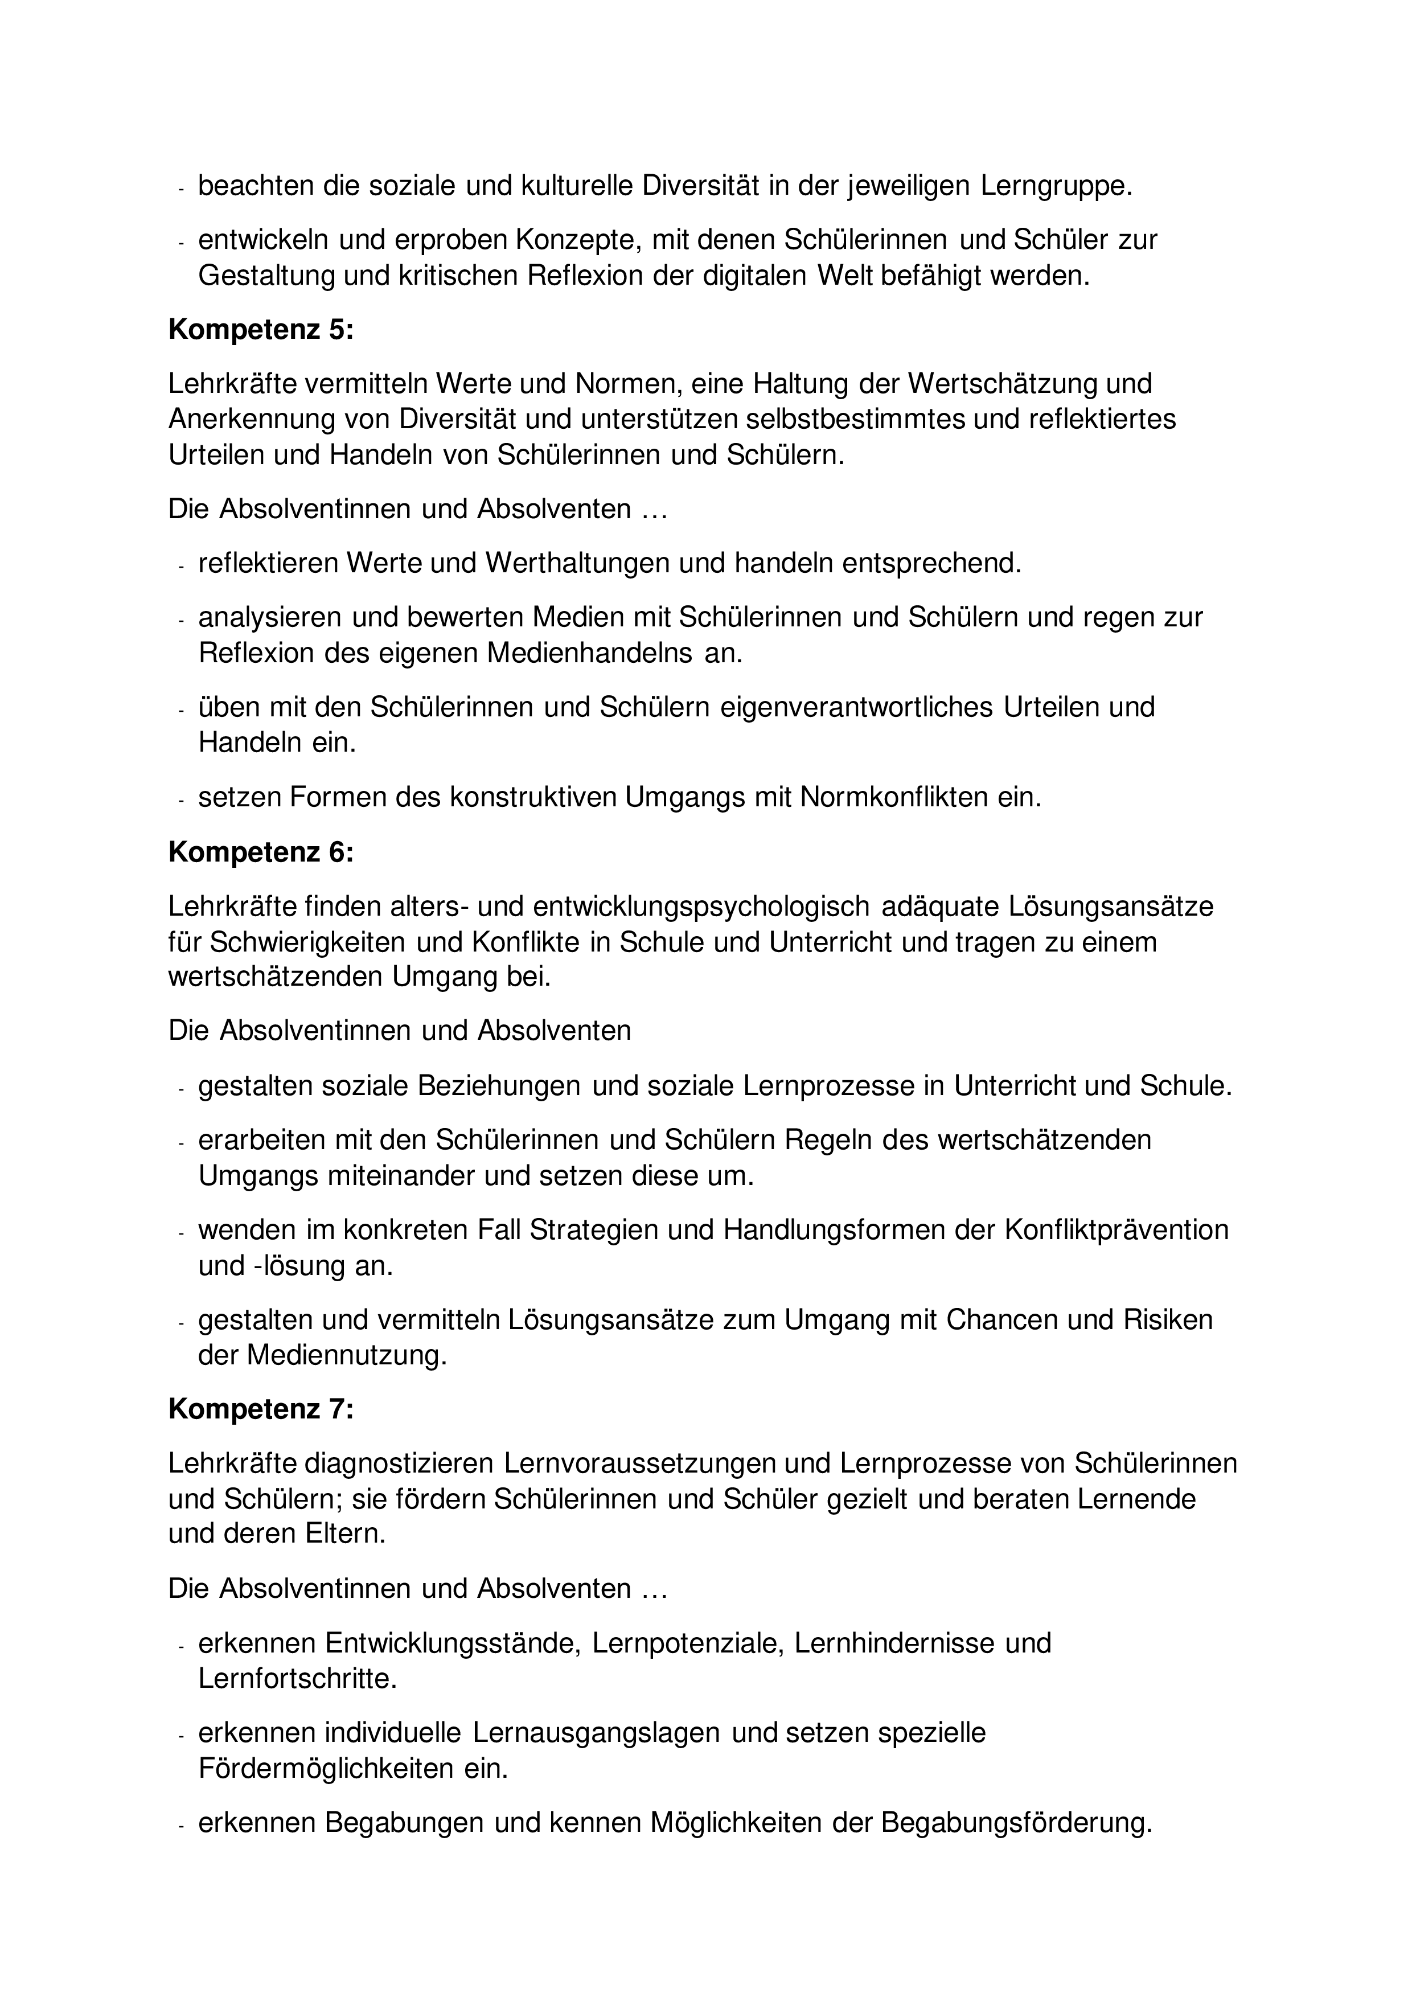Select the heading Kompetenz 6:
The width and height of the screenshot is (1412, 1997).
click(261, 852)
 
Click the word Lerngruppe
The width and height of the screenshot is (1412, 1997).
click(1056, 186)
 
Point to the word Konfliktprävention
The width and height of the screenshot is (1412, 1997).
click(1117, 1230)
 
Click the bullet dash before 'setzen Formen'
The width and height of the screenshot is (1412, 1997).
click(181, 799)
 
